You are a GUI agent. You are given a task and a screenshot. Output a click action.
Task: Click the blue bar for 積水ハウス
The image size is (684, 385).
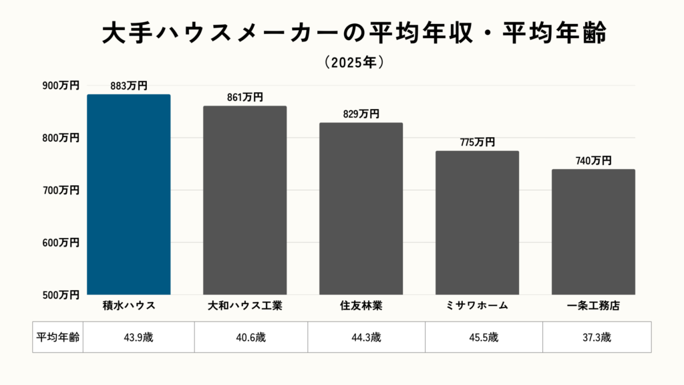pos(129,194)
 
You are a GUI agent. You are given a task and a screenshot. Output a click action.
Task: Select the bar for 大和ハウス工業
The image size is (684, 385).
pos(244,200)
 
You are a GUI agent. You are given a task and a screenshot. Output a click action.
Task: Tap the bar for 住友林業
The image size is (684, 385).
pos(361,208)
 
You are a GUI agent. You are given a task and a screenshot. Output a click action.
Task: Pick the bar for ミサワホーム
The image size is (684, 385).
pos(477,222)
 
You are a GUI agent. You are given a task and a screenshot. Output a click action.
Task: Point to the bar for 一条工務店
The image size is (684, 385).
pos(593,231)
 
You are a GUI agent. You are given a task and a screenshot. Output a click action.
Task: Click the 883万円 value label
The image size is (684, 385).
pos(129,86)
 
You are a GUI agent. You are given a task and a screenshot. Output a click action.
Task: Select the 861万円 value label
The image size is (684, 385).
pos(244,98)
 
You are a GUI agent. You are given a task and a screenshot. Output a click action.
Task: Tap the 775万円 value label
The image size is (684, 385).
pos(477,142)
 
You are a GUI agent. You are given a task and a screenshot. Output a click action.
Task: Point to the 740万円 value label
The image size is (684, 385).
pos(593,160)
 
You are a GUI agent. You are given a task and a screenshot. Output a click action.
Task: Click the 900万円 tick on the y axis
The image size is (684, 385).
pos(61,86)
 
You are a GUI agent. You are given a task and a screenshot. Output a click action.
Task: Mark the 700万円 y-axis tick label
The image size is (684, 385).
pos(61,190)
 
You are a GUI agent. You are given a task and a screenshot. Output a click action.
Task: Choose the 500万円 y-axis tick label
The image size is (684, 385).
pos(61,294)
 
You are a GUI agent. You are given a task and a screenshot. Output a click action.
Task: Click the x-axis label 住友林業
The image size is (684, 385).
pos(361,306)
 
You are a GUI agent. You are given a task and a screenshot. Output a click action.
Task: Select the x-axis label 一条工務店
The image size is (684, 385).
pos(593,306)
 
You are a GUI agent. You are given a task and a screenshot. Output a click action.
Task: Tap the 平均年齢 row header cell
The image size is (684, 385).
pos(57,337)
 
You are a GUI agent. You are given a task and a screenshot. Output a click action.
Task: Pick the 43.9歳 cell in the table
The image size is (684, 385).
pos(138,337)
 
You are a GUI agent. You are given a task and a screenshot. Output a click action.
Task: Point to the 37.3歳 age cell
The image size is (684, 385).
pos(596,337)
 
